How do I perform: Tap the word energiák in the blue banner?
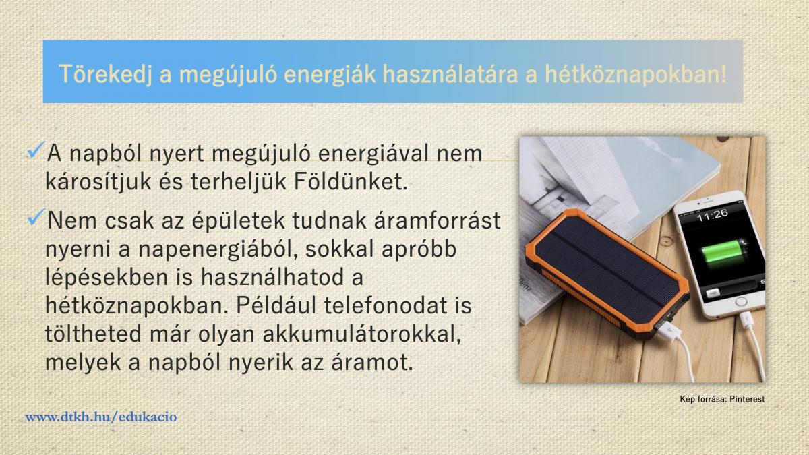coord(330,74)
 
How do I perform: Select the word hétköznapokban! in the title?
coord(636,74)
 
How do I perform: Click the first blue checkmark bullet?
coord(36,150)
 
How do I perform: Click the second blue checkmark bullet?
coord(36,217)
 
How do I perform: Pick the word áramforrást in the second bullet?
coord(438,220)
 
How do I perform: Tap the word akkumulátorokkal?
coord(362,334)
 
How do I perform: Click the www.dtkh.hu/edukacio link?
coord(101,417)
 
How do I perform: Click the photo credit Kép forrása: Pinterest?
coord(722,399)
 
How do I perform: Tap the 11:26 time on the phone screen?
coord(712,216)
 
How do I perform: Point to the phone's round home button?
coord(741,301)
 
